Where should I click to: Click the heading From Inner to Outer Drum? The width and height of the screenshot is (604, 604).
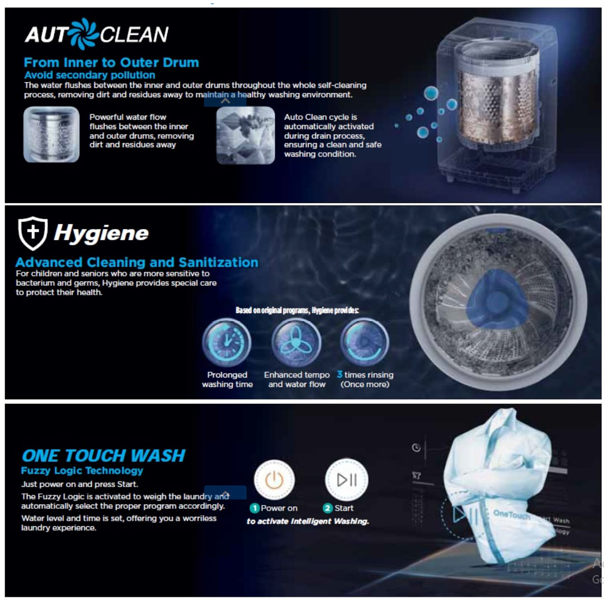point(111,63)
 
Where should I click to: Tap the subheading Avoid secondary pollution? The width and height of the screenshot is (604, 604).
point(89,75)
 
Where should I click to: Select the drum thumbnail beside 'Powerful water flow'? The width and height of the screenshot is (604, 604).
point(51,135)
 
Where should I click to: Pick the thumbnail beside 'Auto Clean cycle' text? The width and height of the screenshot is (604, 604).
point(246,135)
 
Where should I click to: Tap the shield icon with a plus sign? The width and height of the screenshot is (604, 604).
point(33,233)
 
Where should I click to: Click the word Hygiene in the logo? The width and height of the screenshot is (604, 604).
point(101,233)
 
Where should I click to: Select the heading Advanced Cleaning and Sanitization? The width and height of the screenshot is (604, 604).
point(137,262)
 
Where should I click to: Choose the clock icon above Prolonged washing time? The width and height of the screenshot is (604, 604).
point(226,342)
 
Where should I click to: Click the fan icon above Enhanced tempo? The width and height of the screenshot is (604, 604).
point(296,342)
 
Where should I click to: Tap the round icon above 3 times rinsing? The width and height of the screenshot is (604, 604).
point(365,342)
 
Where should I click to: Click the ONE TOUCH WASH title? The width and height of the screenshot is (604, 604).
point(103,455)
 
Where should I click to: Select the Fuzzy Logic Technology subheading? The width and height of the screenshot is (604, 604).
point(82,471)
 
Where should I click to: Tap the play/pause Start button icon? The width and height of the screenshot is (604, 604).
point(346,480)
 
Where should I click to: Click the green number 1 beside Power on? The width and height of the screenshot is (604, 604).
point(254,508)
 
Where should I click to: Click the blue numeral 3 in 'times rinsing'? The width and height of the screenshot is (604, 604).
point(339,374)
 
